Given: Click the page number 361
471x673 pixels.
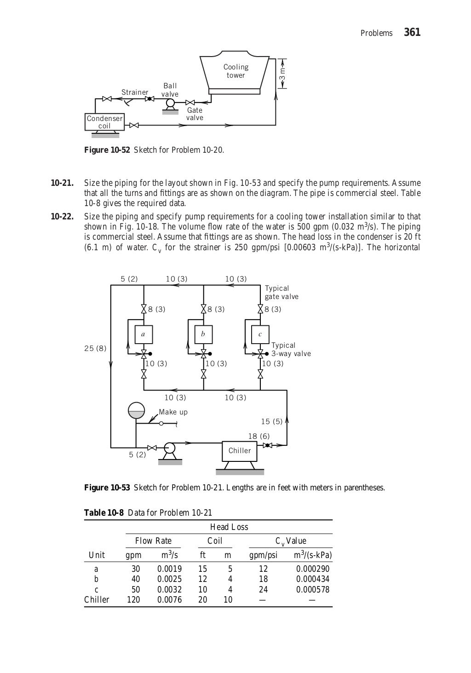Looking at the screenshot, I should (412, 33).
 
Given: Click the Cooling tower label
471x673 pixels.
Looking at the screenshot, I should (236, 71).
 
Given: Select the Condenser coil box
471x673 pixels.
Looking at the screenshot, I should (105, 122).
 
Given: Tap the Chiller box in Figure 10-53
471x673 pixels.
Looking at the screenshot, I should (240, 451).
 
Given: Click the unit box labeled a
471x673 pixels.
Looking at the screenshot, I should (143, 334).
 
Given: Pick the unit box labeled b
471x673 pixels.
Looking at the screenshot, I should (203, 334).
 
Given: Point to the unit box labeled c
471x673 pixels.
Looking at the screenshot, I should (260, 334).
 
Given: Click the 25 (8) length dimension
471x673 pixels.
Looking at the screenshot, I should (95, 348).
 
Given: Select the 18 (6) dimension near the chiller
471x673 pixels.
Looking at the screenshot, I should (259, 436).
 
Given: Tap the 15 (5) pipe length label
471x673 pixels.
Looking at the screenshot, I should (271, 421).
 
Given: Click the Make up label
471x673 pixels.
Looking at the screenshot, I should (173, 412).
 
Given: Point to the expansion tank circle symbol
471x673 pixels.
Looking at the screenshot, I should (136, 411).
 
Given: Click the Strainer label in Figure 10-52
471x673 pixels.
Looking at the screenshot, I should (135, 92).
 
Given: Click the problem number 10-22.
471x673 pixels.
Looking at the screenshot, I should (62, 217).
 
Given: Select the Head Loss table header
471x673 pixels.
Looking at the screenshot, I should (229, 527).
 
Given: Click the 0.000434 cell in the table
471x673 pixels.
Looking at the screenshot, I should (313, 579).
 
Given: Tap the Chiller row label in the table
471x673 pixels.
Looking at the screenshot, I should (97, 600).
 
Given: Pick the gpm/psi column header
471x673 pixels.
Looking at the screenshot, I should (263, 555).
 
